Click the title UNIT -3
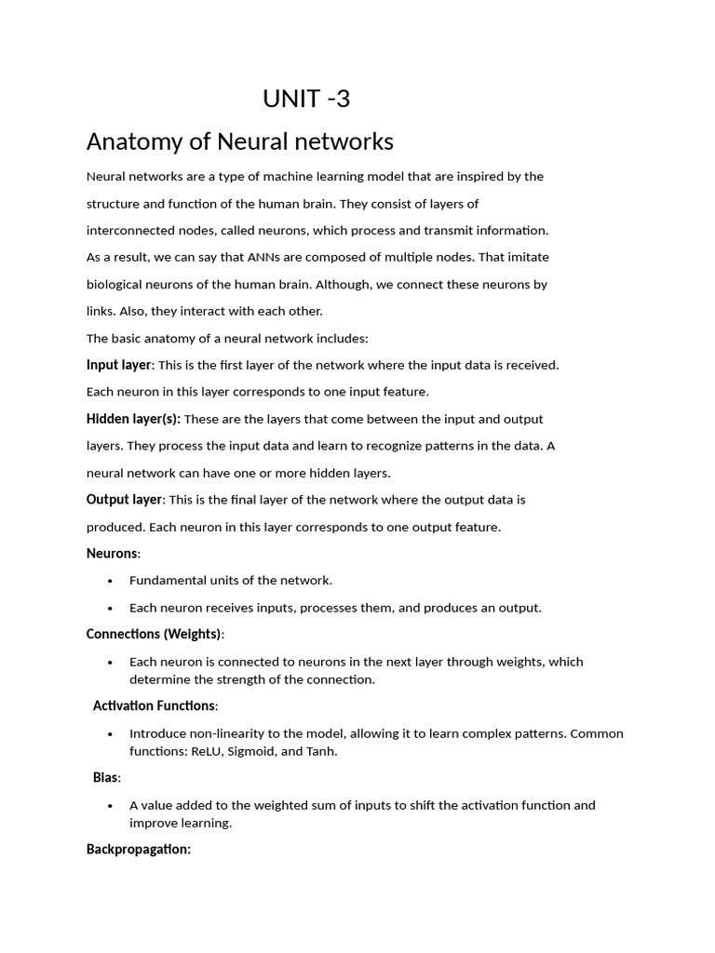(306, 99)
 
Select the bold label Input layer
(118, 365)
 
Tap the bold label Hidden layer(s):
(133, 419)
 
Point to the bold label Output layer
(124, 500)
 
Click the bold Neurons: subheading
(113, 554)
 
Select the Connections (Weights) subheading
(155, 634)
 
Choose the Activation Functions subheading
(155, 706)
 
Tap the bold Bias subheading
(106, 778)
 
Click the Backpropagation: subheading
(138, 850)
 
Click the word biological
(117, 284)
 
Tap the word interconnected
(132, 230)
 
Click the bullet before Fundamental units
(110, 581)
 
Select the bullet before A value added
(110, 806)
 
